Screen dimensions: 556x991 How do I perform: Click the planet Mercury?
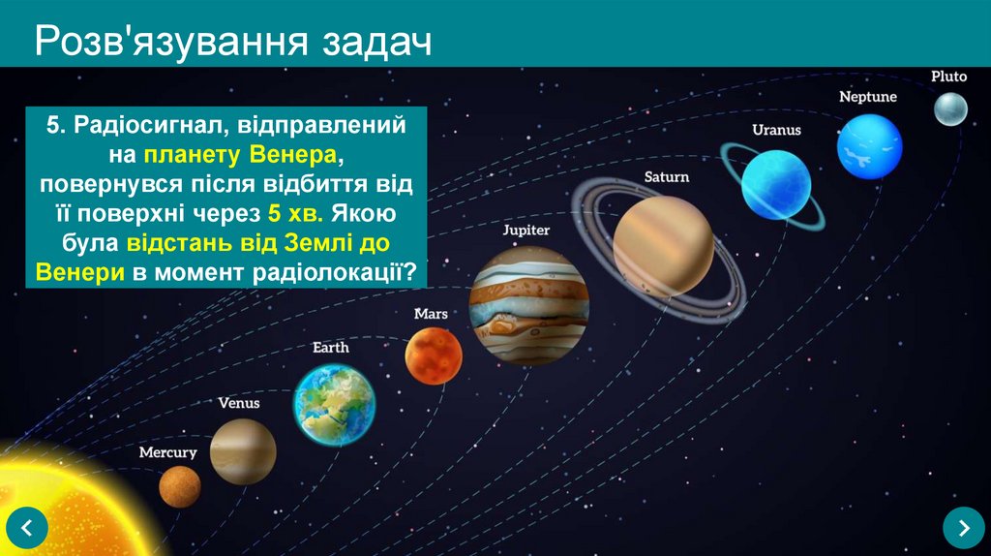[180, 486]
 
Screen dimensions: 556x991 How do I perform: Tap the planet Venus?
[243, 451]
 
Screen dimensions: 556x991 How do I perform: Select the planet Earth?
[334, 404]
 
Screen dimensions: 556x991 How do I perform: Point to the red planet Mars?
[433, 355]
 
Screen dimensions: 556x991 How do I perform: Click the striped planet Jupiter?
[528, 304]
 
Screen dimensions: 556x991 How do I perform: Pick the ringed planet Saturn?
[663, 245]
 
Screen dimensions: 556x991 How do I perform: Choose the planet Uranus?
[775, 181]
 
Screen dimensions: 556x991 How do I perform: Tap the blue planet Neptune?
[869, 146]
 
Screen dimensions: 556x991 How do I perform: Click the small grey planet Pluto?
[950, 108]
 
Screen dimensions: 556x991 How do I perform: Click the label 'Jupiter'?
[526, 231]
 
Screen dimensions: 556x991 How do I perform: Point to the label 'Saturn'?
[667, 177]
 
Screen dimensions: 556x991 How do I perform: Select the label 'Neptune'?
[867, 97]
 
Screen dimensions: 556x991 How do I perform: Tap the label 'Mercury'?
[167, 452]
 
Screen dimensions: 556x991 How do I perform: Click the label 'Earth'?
[330, 347]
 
